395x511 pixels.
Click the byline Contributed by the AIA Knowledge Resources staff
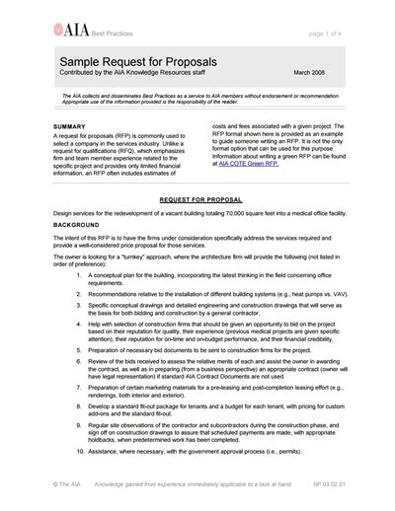point(129,74)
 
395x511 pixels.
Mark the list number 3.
point(79,307)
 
